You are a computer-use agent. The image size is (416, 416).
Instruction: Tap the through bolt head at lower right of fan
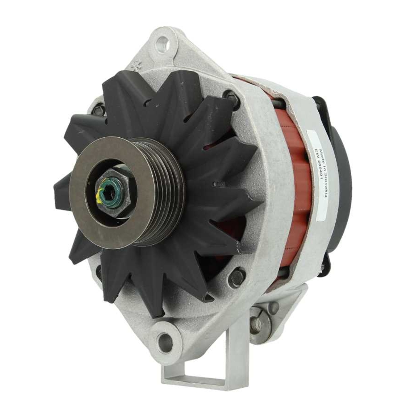(x=237, y=277)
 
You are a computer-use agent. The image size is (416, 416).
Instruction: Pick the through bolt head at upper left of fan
(x=99, y=110)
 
